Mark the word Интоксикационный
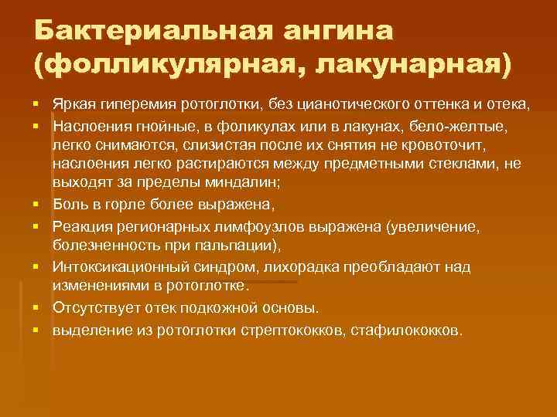(117, 266)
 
